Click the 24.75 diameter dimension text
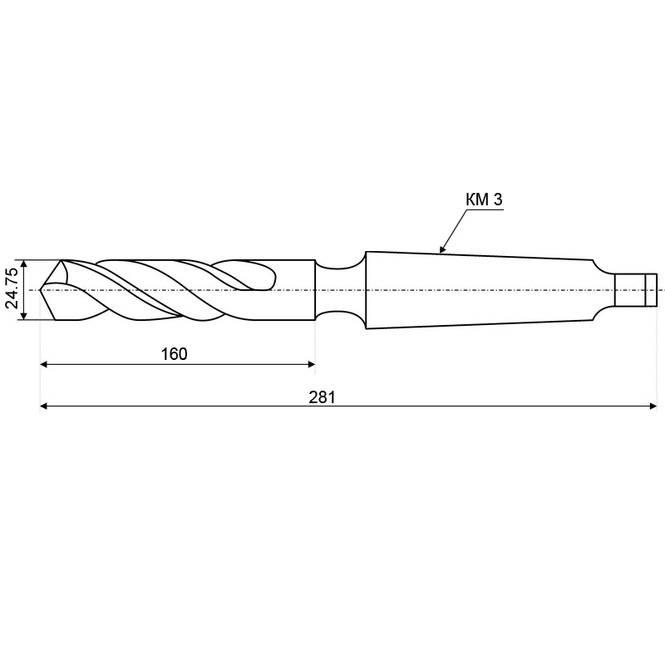(x=12, y=288)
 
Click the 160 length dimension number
(x=174, y=354)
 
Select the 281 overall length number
(x=322, y=397)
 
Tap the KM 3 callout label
(x=484, y=199)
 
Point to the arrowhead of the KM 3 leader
(x=442, y=249)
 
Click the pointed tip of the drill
(x=40, y=290)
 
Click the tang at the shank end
(x=635, y=289)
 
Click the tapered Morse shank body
(x=480, y=290)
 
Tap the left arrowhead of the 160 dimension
(x=43, y=364)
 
